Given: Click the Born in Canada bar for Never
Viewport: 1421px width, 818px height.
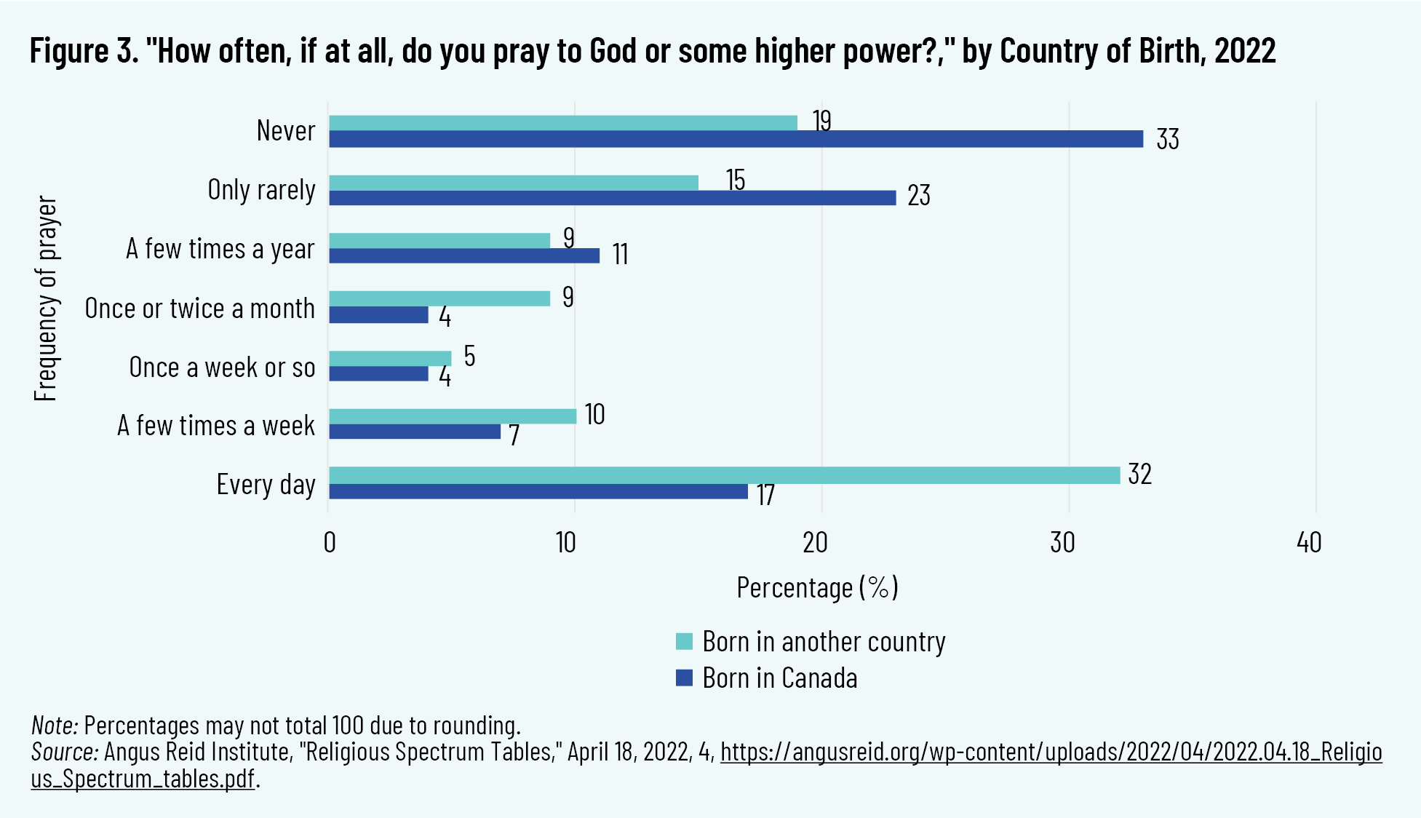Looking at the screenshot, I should click(x=735, y=139).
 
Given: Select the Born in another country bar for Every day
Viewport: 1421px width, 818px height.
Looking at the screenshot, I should click(x=724, y=475).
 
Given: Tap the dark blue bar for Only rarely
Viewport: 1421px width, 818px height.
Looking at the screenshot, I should click(x=612, y=198).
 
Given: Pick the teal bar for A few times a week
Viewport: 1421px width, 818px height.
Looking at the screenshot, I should click(x=452, y=416).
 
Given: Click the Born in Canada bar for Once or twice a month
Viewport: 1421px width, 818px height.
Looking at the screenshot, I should click(x=378, y=314).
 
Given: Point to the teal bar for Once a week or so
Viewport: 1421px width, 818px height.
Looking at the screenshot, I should click(x=390, y=358).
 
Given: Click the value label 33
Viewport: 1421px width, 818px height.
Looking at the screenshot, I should click(x=1167, y=139).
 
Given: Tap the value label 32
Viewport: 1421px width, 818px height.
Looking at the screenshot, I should click(x=1139, y=474).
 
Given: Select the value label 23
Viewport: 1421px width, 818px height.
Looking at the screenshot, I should click(x=918, y=195).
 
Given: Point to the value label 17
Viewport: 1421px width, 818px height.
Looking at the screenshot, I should click(x=765, y=496).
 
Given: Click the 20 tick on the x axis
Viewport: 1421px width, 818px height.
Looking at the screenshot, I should click(x=815, y=543).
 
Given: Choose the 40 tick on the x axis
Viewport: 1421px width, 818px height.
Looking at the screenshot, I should click(x=1309, y=543).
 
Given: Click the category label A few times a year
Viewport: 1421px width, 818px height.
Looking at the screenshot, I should click(x=220, y=249).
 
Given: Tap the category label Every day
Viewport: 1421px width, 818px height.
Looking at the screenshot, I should click(x=266, y=485).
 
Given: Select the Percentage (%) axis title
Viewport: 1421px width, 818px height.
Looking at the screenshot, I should click(x=817, y=587).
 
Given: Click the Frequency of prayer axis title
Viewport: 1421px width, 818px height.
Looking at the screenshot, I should click(x=45, y=298).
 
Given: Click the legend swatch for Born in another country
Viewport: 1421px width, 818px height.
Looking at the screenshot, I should click(x=684, y=642).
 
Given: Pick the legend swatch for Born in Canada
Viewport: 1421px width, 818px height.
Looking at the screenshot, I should click(x=684, y=678).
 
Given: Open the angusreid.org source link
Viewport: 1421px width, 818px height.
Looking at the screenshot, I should click(x=1051, y=752).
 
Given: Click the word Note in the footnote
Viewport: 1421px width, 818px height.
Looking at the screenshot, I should click(x=54, y=726).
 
